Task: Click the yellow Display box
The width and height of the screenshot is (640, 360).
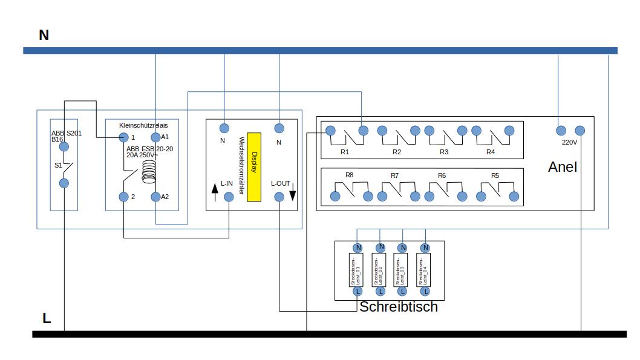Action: [253, 167]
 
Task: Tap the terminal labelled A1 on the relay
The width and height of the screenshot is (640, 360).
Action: [155, 137]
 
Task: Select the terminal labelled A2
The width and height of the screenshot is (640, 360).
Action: [155, 197]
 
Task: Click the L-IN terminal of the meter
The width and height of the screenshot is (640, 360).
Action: [229, 197]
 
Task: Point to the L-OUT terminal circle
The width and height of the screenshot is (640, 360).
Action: [279, 197]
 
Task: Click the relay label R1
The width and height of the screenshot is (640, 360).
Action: [345, 152]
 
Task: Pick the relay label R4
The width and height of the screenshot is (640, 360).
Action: [491, 152]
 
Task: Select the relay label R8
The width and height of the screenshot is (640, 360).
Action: [349, 175]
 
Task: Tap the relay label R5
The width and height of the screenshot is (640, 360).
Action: [495, 175]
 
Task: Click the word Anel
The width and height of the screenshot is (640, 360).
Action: [563, 167]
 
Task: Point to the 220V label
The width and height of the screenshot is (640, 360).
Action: [570, 143]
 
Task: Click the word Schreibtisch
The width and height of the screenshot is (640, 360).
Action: [399, 307]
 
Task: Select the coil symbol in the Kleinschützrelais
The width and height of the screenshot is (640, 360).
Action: [148, 172]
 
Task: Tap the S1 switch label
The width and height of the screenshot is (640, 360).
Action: [58, 165]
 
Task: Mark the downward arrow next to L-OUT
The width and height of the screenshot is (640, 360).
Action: [293, 195]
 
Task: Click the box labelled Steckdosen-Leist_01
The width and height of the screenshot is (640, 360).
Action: [358, 270]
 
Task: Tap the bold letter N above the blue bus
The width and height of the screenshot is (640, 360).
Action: [44, 35]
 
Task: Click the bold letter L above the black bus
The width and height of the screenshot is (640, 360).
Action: [47, 318]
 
